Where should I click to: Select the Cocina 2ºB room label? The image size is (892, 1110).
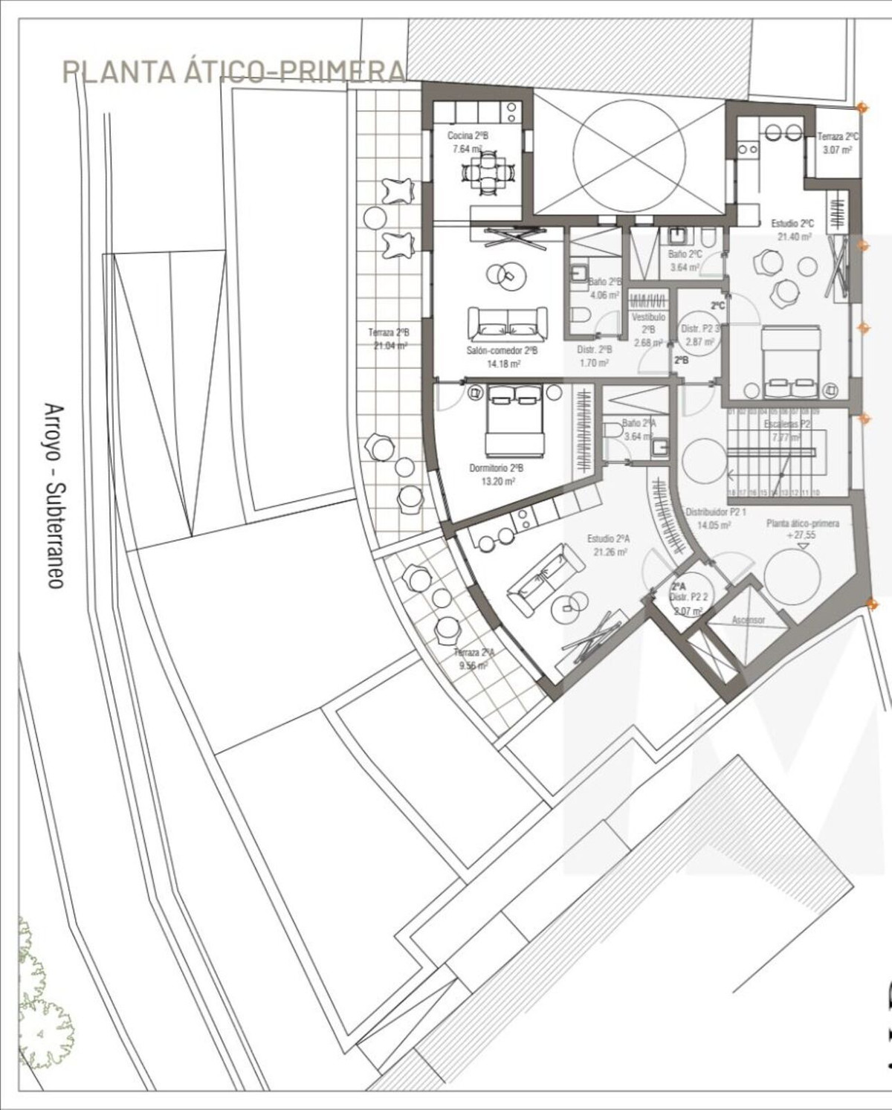(x=468, y=136)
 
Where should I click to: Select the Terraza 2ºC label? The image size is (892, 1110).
(x=838, y=137)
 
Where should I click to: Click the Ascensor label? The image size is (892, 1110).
(x=748, y=619)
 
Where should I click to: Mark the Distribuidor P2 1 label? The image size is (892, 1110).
(x=715, y=513)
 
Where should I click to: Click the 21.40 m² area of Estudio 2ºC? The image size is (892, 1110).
(x=794, y=236)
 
